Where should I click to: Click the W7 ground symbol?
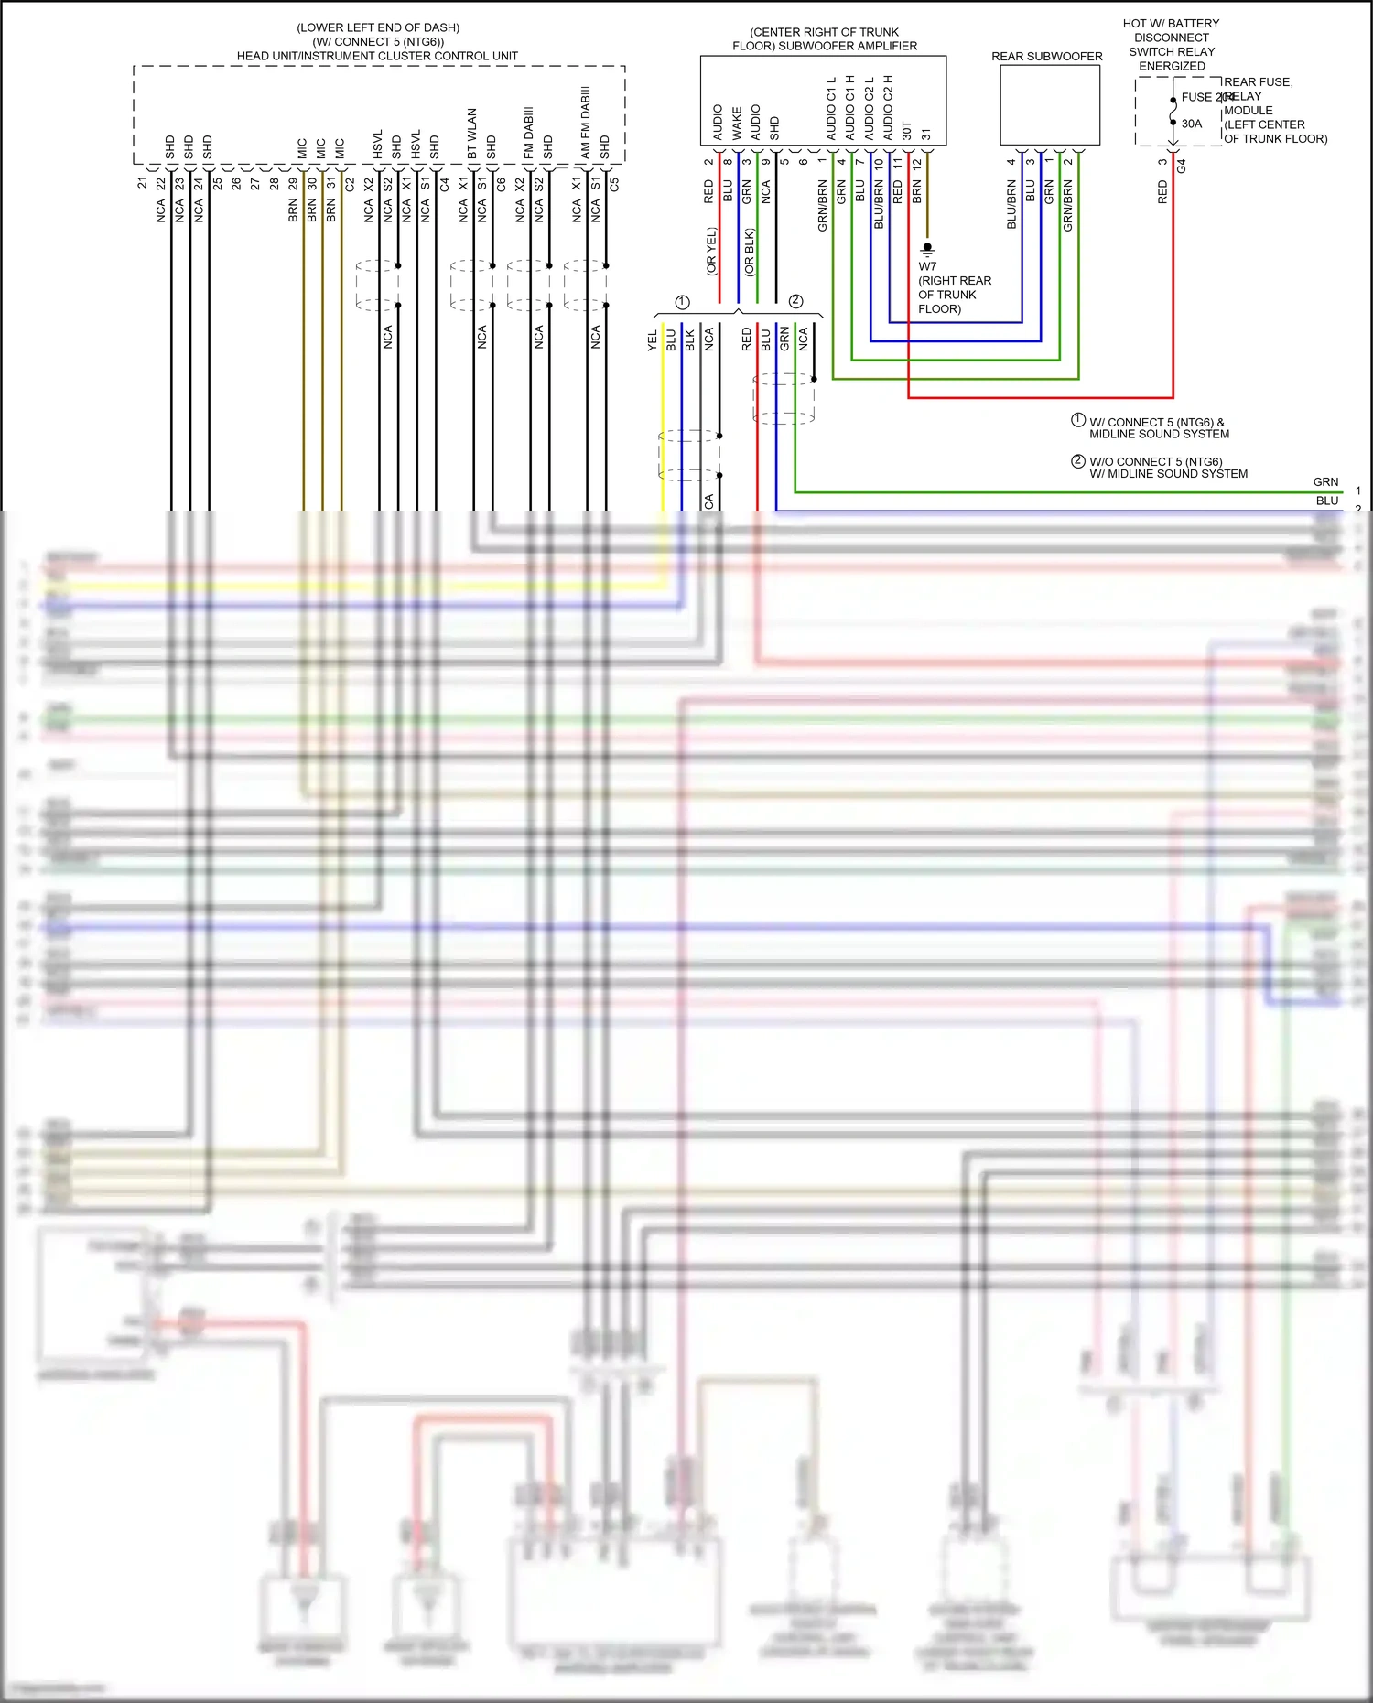(927, 248)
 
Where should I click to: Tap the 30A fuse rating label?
(1191, 124)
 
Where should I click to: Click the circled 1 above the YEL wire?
(682, 302)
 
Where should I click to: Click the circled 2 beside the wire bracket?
(795, 301)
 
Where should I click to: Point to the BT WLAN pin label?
(472, 135)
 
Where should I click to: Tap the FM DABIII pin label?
(529, 134)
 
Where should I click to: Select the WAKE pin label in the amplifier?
(737, 124)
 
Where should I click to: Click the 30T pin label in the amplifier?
(907, 131)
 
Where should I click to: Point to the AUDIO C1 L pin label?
(831, 108)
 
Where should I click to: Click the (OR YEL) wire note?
(711, 252)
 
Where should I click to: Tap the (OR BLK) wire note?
(750, 253)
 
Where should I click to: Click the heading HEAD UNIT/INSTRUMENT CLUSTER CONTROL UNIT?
(377, 56)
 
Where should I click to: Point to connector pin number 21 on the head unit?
(142, 183)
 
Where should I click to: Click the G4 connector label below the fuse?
(1182, 166)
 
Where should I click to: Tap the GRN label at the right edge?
(1325, 482)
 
